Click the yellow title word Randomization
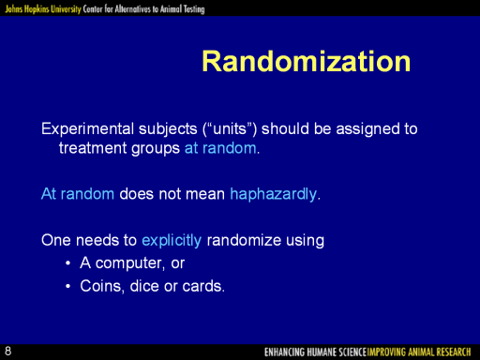click(x=307, y=61)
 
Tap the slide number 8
click(x=7, y=351)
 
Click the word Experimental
click(x=88, y=129)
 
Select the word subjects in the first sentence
click(x=168, y=129)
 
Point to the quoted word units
click(x=230, y=129)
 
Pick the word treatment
click(x=93, y=148)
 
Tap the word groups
click(x=156, y=149)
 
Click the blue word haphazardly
click(x=274, y=194)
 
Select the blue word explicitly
click(x=172, y=241)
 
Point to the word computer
click(x=128, y=263)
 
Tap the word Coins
click(x=100, y=286)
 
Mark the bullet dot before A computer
click(x=68, y=263)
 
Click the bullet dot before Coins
click(x=68, y=286)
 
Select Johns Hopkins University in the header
click(x=43, y=9)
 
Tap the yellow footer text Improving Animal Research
click(x=419, y=352)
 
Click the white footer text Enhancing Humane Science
click(x=315, y=352)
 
